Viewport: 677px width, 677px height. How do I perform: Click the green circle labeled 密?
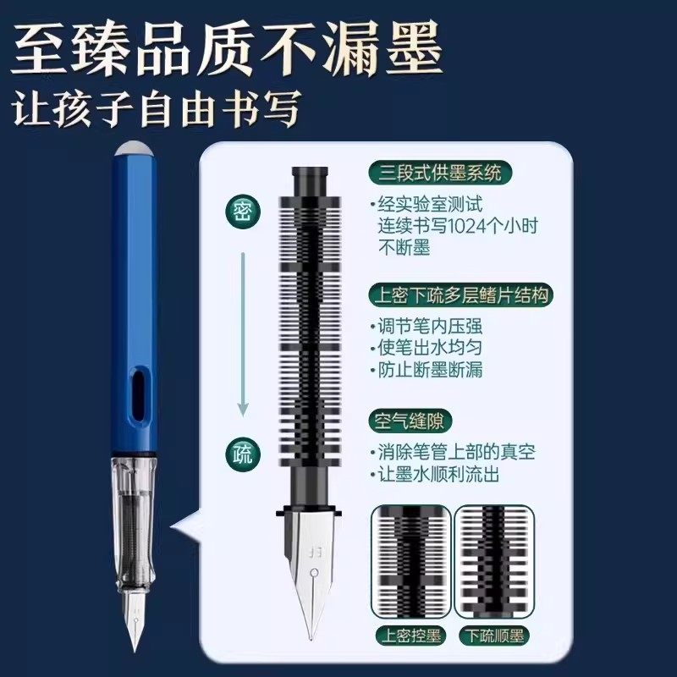point(243,211)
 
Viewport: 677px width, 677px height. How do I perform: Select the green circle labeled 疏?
point(243,454)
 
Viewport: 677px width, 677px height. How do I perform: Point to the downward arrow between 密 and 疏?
point(243,330)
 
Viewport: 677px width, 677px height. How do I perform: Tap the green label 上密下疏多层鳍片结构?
point(461,296)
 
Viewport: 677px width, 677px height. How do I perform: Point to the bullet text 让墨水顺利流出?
point(440,474)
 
